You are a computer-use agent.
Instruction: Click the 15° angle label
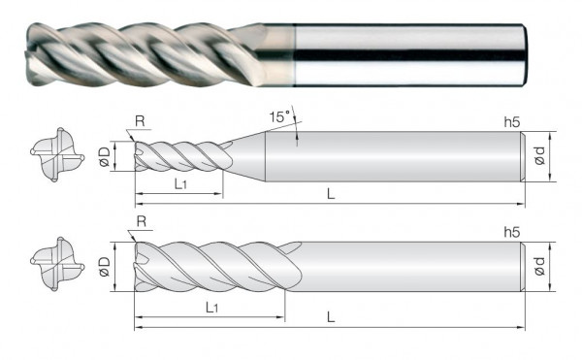[279, 116]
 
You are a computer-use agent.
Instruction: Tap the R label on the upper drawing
[140, 121]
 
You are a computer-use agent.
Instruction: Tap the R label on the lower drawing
[142, 221]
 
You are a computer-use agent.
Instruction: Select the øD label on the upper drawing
[105, 156]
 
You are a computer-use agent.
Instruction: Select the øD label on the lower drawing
[105, 267]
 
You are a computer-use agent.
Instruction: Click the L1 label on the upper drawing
[180, 183]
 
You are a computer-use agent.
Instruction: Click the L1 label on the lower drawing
[211, 308]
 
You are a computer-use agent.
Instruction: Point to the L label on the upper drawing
[331, 193]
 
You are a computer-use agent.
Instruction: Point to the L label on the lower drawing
[331, 317]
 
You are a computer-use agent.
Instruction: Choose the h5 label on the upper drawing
[512, 122]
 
